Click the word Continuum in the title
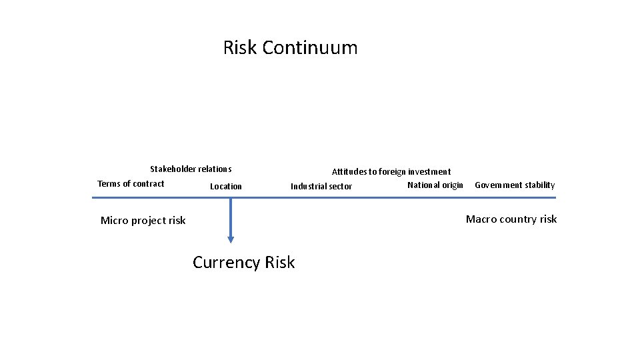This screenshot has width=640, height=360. point(310,48)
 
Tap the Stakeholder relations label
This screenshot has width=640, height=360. point(191,169)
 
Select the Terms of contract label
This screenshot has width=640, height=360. point(131,184)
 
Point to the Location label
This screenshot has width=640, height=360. point(226,187)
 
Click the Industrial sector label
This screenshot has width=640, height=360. point(321,187)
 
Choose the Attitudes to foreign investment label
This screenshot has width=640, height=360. point(391,172)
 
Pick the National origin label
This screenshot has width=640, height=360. point(435,185)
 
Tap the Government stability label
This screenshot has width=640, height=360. point(515,185)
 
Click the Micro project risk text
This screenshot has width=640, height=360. point(143,221)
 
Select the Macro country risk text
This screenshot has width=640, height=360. point(511,219)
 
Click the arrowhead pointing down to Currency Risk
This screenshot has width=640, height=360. point(231,238)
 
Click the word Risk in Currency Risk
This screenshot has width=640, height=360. point(279,263)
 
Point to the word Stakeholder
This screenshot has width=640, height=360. point(173,169)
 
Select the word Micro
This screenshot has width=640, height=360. point(115,221)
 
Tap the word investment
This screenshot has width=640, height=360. point(429,172)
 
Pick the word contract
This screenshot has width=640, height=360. point(149,184)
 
